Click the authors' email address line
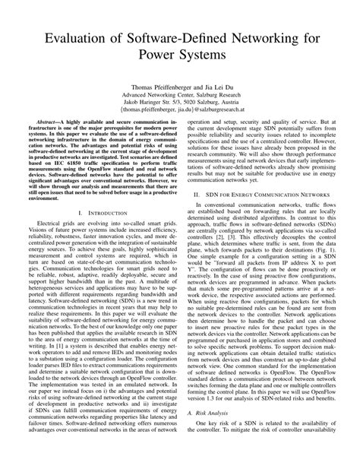(180, 136)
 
